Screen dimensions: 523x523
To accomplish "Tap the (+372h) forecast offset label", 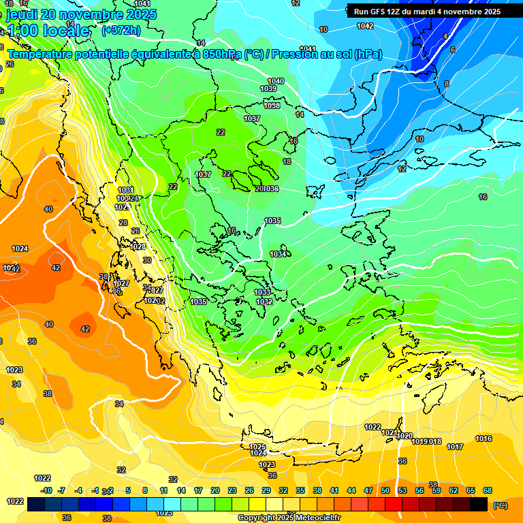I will [121, 30].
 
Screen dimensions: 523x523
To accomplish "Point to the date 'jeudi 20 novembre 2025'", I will [81, 14].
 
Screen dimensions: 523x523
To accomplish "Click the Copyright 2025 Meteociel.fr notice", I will [289, 518].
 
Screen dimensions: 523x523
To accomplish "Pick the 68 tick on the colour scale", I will [488, 490].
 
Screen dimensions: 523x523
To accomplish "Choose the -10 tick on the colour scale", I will [46, 490].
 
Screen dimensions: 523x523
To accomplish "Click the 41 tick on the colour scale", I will [334, 490].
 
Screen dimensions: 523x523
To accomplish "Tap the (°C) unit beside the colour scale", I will [501, 505].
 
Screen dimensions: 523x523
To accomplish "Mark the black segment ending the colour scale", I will [479, 505].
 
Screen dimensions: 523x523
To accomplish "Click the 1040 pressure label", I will [276, 81].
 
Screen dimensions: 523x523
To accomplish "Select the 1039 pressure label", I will [268, 89].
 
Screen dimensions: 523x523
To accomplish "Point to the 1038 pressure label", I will [272, 106].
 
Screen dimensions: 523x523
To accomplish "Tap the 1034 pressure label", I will [278, 254].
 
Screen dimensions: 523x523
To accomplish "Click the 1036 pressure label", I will [272, 189].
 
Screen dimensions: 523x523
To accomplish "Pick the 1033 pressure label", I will [262, 292].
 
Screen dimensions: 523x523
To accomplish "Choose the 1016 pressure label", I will [484, 439].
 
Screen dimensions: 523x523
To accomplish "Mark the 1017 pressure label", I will [455, 447].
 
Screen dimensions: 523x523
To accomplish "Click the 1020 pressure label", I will [405, 436].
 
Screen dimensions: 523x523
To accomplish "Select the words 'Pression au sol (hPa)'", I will [326, 54].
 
